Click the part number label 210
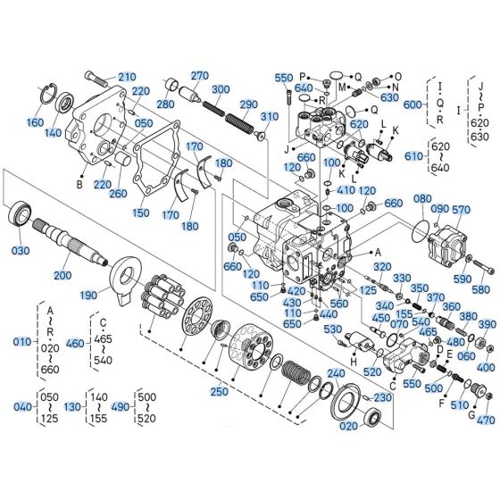(x=128, y=76)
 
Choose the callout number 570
(x=461, y=210)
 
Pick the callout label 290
(x=248, y=104)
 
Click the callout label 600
(x=412, y=104)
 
